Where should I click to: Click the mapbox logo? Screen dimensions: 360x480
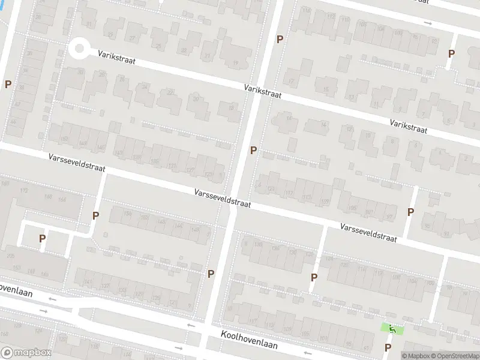[x=25, y=353]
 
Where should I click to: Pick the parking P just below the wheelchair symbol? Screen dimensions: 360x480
[x=388, y=347]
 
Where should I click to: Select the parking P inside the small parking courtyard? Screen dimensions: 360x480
[x=42, y=238]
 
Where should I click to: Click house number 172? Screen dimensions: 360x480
[x=24, y=190]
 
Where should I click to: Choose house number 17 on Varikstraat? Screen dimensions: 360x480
[x=292, y=81]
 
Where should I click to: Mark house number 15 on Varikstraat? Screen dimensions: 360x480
[x=326, y=90]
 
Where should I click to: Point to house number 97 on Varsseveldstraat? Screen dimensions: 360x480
[x=389, y=217]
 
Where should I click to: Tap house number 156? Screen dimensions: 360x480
[x=127, y=214]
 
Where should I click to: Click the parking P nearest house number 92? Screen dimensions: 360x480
[x=451, y=53]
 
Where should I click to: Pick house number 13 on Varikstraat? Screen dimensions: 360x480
[x=351, y=97]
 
